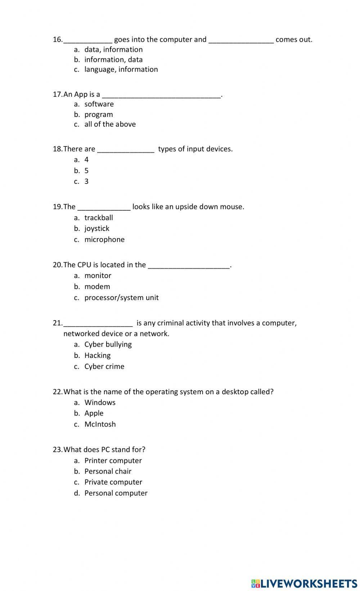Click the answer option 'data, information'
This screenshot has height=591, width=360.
[113, 50]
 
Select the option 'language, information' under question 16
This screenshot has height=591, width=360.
[121, 69]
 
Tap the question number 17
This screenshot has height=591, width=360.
[57, 94]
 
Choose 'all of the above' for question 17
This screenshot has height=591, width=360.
[110, 124]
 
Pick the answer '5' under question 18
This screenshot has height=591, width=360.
[86, 171]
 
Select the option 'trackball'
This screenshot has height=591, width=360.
[99, 218]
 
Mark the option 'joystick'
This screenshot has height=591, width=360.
[97, 228]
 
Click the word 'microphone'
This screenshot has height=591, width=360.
[104, 240]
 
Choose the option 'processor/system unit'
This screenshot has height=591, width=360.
[121, 297]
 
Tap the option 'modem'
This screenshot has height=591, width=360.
[97, 287]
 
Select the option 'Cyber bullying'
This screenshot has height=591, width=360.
[108, 344]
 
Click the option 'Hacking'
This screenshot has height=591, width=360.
[98, 355]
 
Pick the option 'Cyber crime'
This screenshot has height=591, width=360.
[104, 367]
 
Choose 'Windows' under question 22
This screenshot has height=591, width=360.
[100, 403]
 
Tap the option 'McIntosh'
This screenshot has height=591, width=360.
[100, 424]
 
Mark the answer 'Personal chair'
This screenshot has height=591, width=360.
[108, 471]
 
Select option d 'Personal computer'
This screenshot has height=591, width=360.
[116, 493]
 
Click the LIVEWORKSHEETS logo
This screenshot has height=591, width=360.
[305, 583]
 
